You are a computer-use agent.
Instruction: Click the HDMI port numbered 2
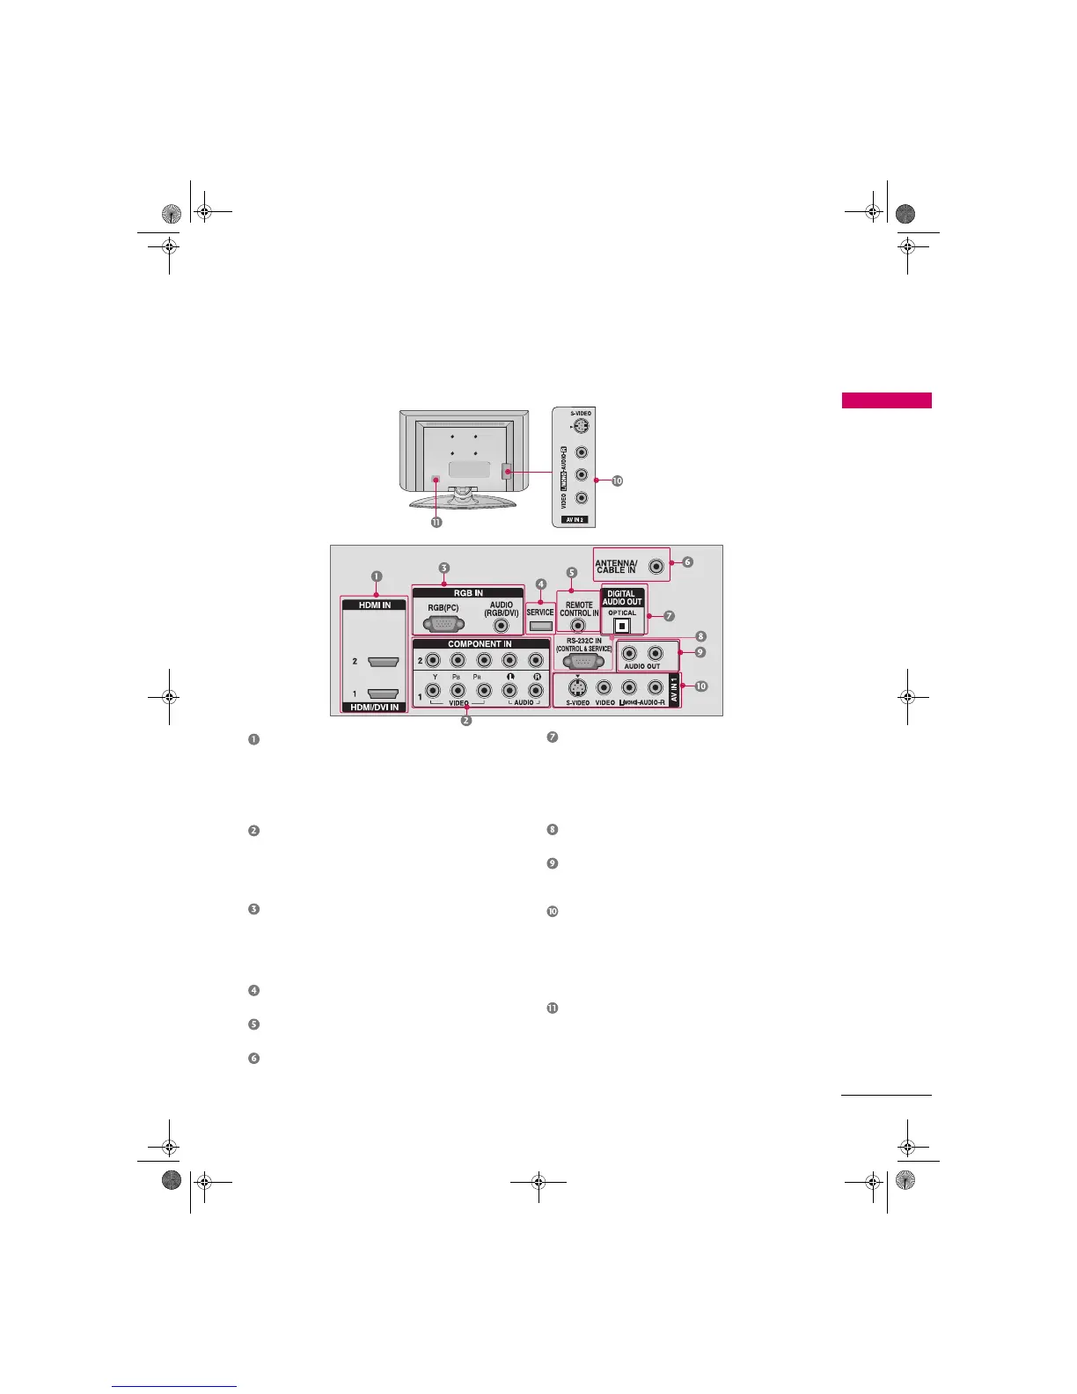(x=384, y=661)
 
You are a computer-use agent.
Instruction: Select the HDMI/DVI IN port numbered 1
(x=384, y=693)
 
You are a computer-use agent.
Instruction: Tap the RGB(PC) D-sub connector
(x=443, y=624)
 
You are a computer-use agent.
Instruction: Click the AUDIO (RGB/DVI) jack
(x=502, y=626)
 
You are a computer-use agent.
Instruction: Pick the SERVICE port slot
(x=540, y=626)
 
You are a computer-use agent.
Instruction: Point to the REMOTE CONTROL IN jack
(x=578, y=627)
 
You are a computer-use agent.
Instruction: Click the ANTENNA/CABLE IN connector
(x=656, y=567)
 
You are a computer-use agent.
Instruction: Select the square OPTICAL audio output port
(x=622, y=627)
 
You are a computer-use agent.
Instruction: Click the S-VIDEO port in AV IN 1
(x=577, y=688)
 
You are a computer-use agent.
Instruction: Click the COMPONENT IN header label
(x=480, y=644)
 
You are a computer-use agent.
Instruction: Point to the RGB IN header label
(x=468, y=593)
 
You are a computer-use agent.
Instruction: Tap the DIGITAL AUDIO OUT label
(x=622, y=598)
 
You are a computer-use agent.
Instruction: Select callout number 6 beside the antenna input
(x=687, y=561)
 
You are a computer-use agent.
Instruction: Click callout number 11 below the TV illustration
(x=436, y=522)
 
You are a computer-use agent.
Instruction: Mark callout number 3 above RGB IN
(x=444, y=569)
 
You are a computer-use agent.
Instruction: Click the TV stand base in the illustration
(x=463, y=503)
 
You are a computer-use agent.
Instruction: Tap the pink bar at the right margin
(x=886, y=401)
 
